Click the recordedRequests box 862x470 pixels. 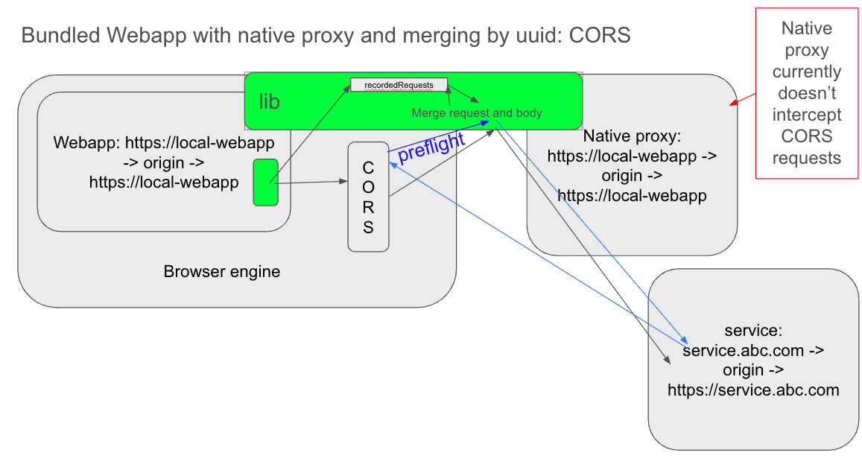(399, 85)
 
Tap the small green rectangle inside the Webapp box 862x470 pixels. (265, 182)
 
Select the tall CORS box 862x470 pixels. (368, 197)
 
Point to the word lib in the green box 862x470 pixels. (269, 102)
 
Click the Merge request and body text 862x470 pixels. (477, 113)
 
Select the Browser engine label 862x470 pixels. (222, 271)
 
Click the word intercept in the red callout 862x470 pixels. (807, 115)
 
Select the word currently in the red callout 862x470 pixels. (807, 72)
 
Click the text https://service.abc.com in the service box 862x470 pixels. (753, 390)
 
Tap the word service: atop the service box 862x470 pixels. (753, 330)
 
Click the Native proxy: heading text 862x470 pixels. (632, 136)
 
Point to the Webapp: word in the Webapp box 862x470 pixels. (87, 142)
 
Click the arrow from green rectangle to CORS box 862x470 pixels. (309, 181)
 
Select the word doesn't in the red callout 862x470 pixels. (807, 93)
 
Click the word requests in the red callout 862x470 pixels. (807, 158)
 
